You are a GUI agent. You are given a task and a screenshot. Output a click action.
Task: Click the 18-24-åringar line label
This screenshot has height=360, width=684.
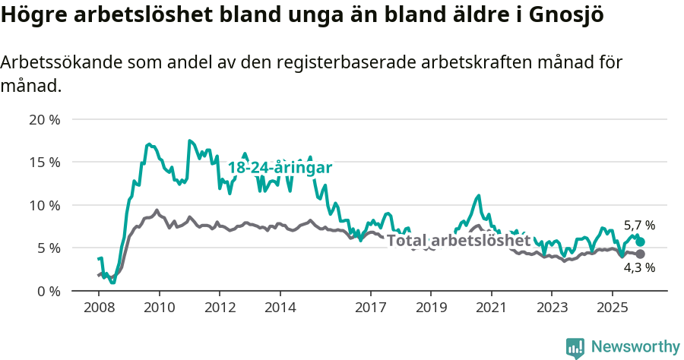[280, 168]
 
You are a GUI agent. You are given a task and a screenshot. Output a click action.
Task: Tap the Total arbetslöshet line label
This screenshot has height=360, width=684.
[458, 240]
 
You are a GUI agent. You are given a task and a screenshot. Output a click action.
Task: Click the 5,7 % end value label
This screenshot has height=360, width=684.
[639, 226]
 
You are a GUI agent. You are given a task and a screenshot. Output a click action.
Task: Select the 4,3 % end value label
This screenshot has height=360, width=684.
[639, 267]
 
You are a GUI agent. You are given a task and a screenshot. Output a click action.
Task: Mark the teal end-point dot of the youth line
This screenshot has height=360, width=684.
[640, 242]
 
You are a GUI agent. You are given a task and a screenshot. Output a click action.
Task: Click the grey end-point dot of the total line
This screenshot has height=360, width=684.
[640, 254]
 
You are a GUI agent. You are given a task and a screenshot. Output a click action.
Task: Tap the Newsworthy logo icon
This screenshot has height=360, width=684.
[575, 347]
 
